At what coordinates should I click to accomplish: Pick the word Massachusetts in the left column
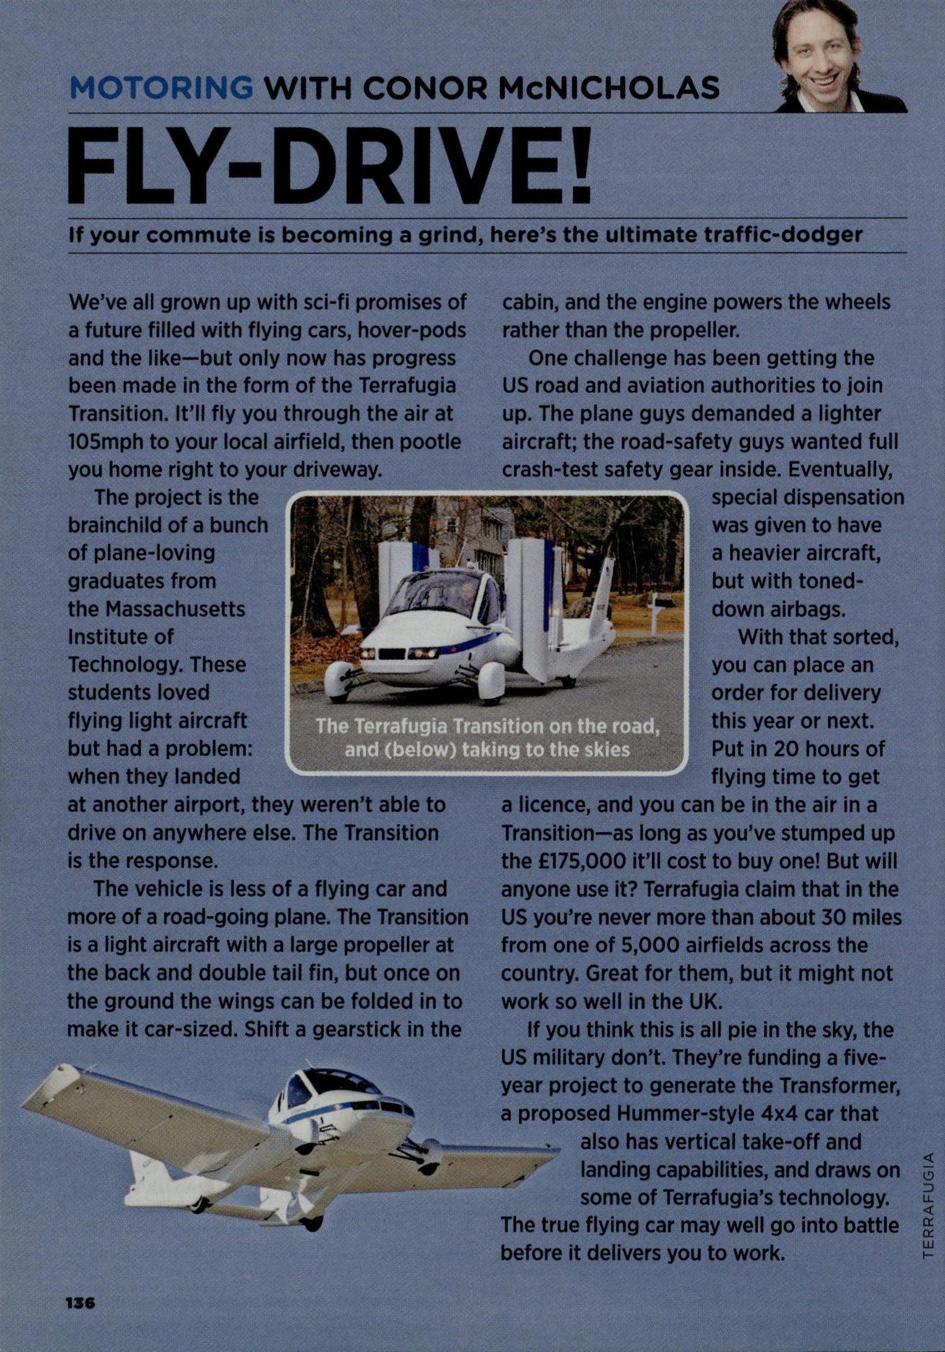point(175,609)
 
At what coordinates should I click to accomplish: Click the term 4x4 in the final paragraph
point(777,1113)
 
